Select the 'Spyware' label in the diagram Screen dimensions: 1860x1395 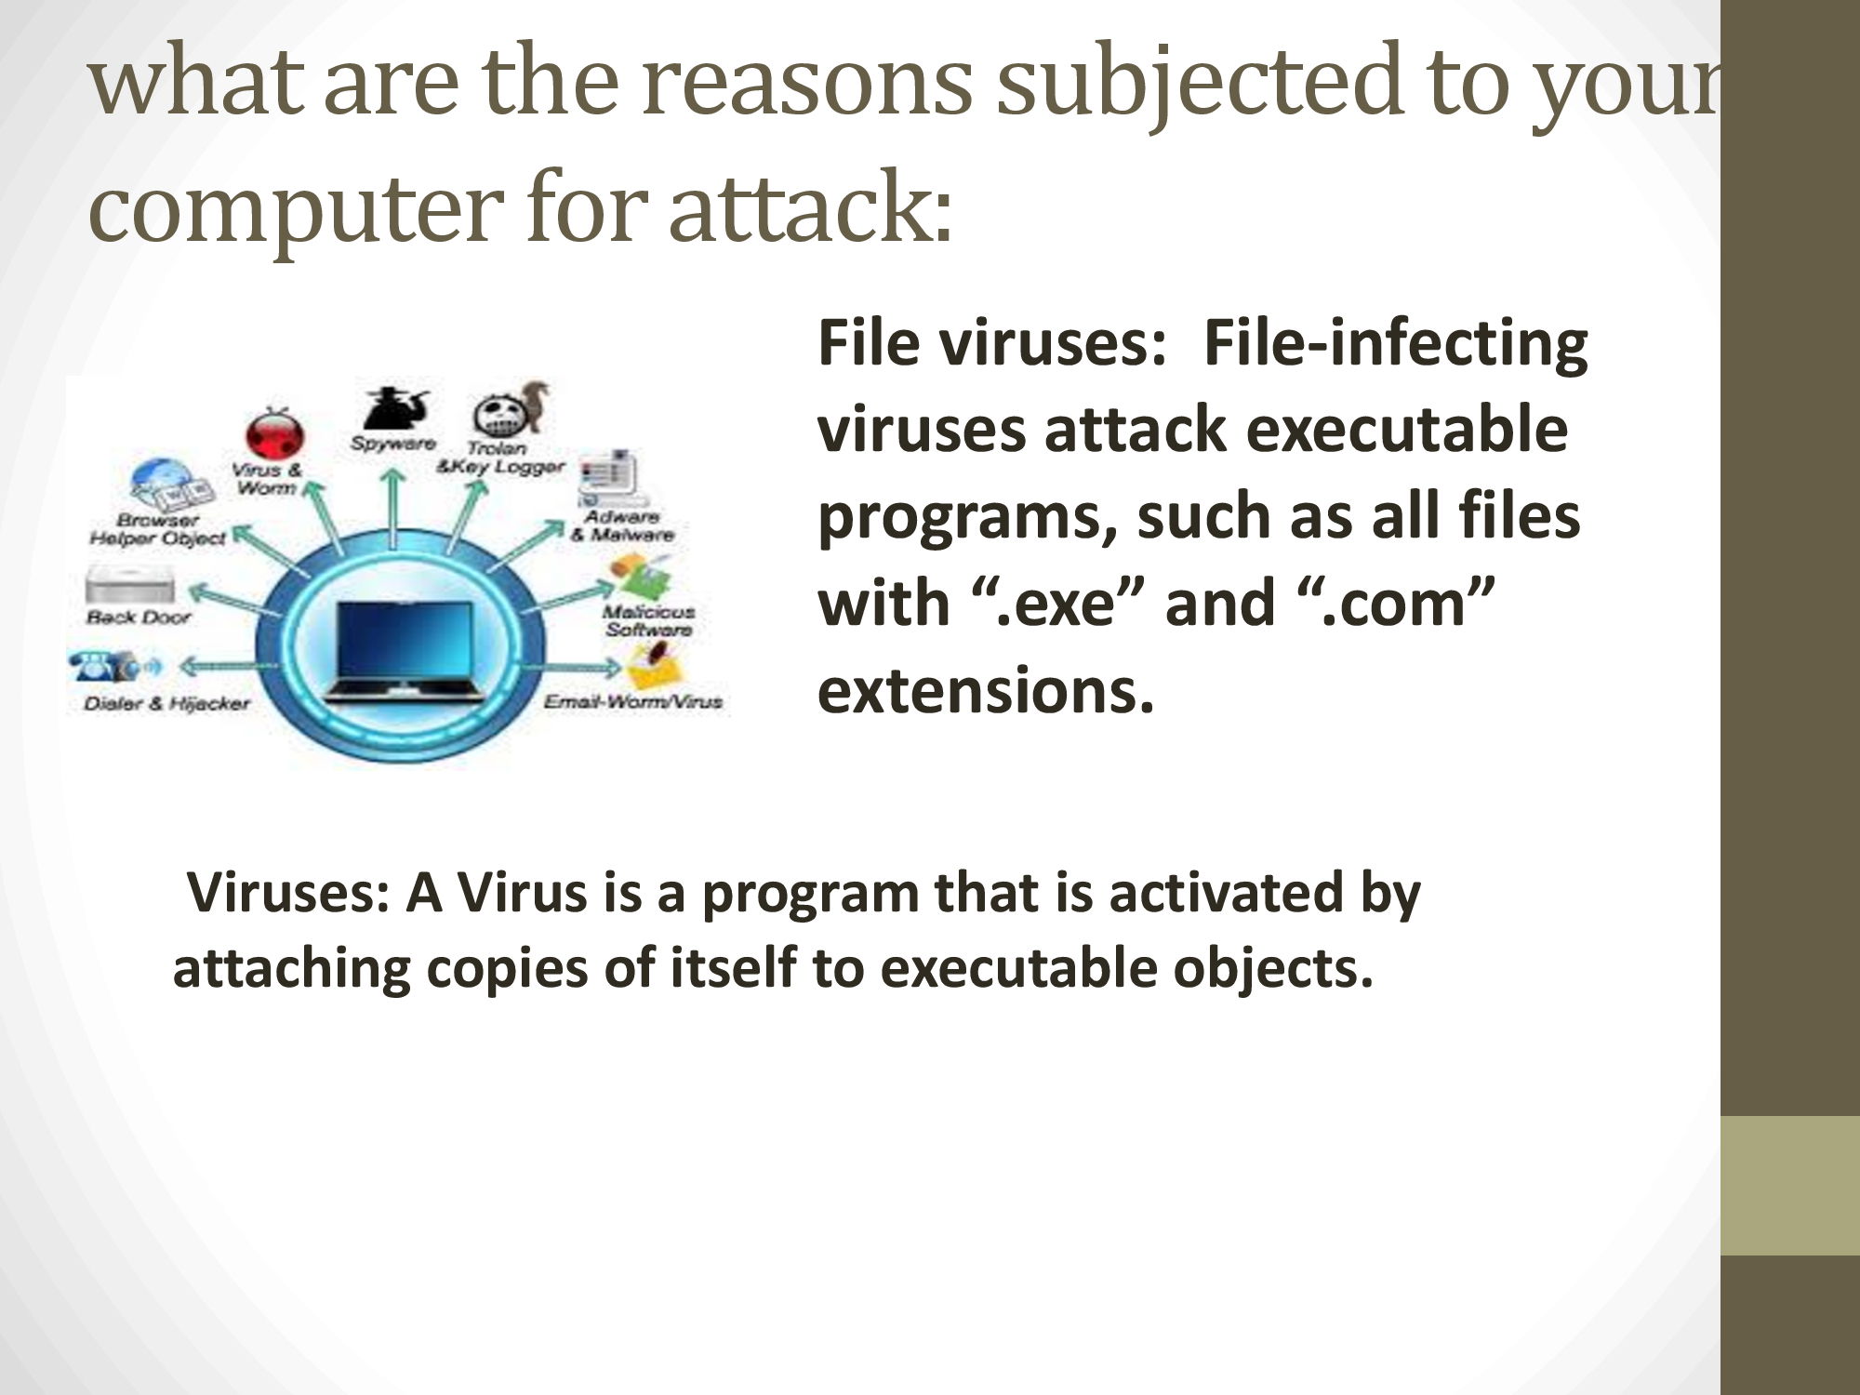coord(392,444)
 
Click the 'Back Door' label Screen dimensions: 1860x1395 coord(138,617)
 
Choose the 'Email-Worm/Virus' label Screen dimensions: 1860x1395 coord(632,701)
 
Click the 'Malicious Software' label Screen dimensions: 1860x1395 coord(648,620)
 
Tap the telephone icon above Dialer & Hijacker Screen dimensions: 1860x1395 coord(105,666)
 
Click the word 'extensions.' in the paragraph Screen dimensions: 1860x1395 coord(986,689)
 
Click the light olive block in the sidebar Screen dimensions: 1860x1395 coord(1790,1186)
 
